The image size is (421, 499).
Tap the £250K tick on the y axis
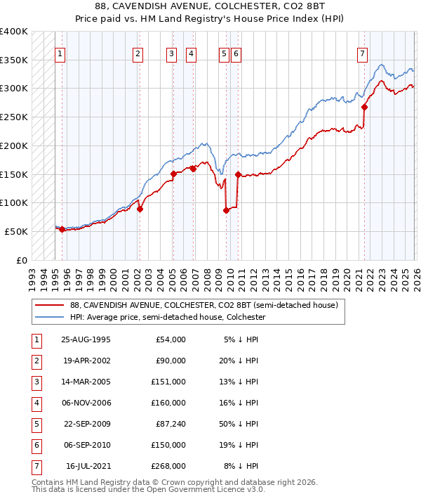14,117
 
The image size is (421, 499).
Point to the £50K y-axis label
16,231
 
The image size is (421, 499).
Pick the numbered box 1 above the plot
60,53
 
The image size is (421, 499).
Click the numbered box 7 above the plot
361,53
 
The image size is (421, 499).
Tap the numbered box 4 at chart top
191,53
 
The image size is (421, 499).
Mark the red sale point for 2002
140,209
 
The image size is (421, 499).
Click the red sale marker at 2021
364,107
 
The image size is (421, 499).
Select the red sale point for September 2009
226,210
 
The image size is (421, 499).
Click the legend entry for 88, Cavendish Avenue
204,305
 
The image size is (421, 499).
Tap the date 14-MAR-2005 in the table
86,383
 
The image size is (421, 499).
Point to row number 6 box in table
34,446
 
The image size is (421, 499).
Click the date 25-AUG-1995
86,339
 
